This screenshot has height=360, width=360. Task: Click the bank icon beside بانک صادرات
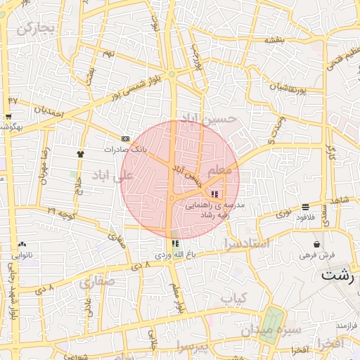click(x=125, y=139)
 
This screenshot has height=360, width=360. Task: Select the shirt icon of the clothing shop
click(x=80, y=153)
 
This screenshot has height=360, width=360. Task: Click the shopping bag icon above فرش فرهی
click(x=317, y=244)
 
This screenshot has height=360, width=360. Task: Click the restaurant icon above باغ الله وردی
click(x=174, y=243)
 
